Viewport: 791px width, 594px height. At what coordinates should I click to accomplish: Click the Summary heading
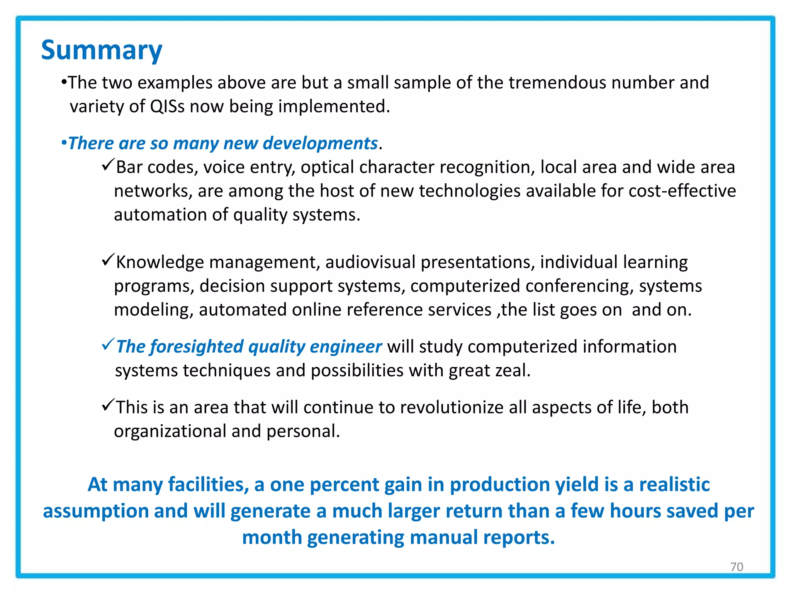[x=102, y=51]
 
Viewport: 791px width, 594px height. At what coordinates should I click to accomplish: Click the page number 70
[x=737, y=567]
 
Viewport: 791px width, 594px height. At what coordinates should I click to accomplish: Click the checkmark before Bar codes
[x=108, y=165]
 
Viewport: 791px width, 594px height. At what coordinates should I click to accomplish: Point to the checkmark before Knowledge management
[x=108, y=260]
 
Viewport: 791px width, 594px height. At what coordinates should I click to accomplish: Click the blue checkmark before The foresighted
[x=108, y=344]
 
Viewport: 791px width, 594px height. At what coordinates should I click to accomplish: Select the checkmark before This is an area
[x=108, y=405]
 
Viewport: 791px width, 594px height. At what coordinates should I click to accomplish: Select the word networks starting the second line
[x=153, y=191]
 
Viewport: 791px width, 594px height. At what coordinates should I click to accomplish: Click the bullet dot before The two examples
[x=64, y=82]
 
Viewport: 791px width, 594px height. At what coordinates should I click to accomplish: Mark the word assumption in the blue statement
[x=95, y=511]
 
